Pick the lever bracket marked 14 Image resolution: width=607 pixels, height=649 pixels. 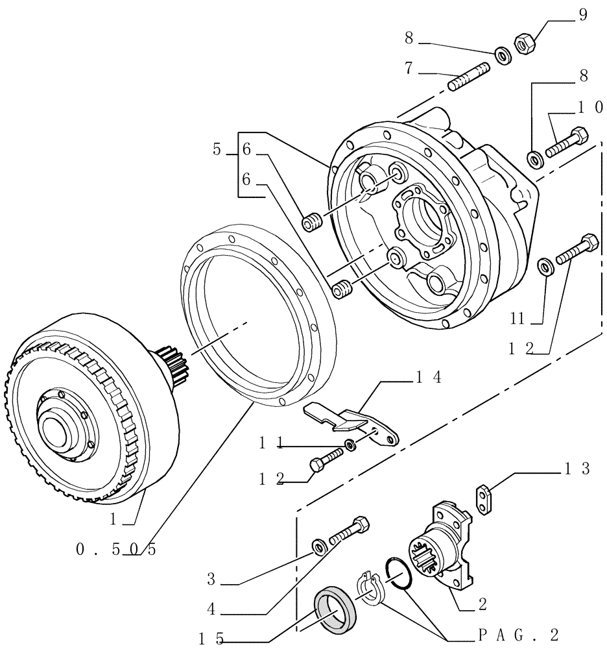(x=353, y=423)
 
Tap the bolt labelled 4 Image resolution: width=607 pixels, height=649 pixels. (x=350, y=530)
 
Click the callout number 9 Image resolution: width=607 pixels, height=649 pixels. (x=582, y=14)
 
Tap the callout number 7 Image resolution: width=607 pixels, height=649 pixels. (x=409, y=68)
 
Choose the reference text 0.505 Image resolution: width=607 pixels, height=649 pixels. (x=116, y=549)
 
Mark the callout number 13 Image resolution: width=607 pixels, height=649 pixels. (x=577, y=469)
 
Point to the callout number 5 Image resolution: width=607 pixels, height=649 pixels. (x=217, y=149)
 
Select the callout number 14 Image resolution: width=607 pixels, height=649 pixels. (x=429, y=377)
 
